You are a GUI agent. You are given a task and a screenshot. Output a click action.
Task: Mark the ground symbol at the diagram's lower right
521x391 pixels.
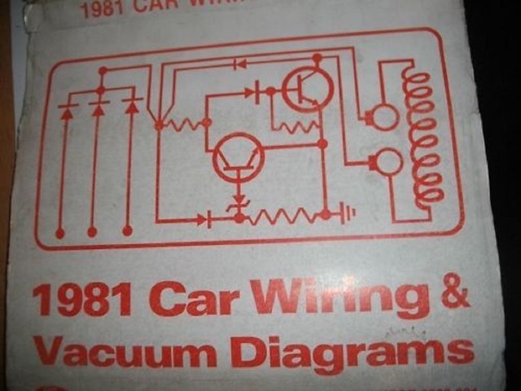tap(348, 213)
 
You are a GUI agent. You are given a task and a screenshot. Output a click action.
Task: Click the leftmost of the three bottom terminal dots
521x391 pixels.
tap(59, 234)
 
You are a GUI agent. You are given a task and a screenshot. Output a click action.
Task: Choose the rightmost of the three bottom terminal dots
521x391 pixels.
tap(127, 231)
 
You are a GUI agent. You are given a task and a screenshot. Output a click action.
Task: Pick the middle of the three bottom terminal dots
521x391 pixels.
tap(92, 232)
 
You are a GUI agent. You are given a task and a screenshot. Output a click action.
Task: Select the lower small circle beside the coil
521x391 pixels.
tap(387, 161)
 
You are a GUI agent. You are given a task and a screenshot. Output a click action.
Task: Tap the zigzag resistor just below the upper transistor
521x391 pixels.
tap(295, 126)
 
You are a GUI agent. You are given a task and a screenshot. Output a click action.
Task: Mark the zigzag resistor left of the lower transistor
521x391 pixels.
tap(182, 124)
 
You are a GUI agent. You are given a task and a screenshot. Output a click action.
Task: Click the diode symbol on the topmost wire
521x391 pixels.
tap(240, 63)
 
